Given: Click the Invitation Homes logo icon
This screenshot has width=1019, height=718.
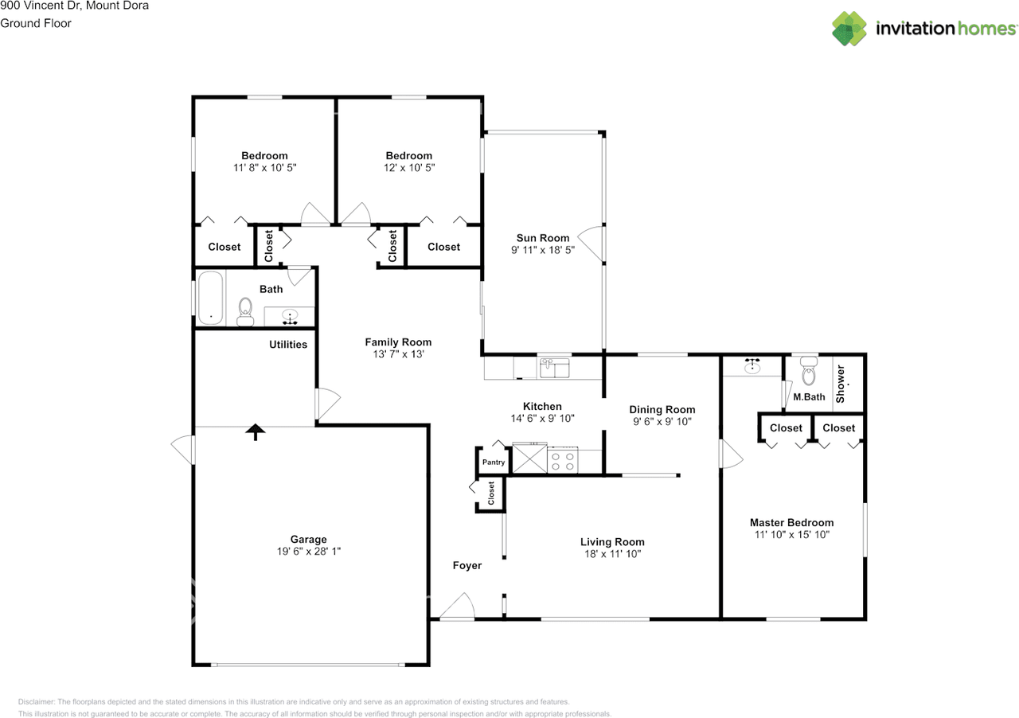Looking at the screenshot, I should (x=849, y=29).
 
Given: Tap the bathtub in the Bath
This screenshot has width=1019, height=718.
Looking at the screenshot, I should (x=210, y=299).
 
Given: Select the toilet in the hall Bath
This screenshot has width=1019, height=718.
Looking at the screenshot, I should (x=245, y=310).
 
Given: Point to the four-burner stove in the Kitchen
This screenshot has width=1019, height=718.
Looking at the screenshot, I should (x=564, y=461).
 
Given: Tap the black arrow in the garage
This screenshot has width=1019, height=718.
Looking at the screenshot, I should (x=255, y=431).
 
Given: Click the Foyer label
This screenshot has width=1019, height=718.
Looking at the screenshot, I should (x=467, y=566).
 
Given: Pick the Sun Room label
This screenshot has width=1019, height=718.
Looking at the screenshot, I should (x=542, y=238).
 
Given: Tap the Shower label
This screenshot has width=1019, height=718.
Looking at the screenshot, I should (x=840, y=383).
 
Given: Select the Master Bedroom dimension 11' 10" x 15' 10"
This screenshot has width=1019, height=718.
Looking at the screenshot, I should (x=792, y=535).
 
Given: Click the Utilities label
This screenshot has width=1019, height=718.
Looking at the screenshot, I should (x=288, y=345).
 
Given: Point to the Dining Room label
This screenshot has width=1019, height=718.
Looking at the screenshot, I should (x=662, y=410).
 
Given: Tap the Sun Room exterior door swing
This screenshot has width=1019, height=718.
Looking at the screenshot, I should (x=590, y=244).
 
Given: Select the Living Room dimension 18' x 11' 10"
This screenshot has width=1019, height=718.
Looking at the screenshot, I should (x=612, y=553).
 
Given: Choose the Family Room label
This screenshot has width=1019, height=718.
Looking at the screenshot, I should (x=398, y=342).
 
